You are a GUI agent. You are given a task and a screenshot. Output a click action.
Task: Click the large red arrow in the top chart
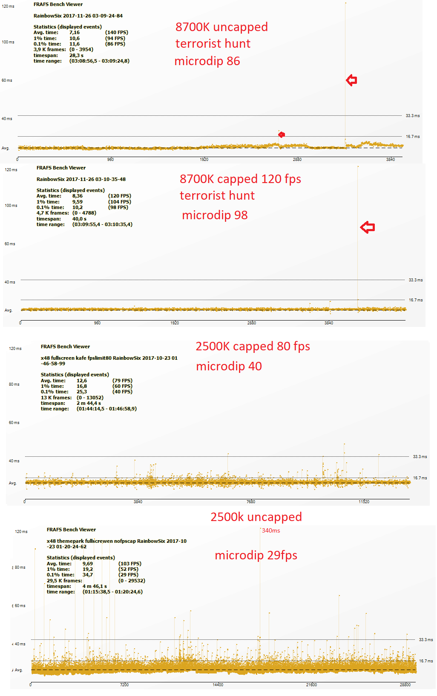[x=351, y=80]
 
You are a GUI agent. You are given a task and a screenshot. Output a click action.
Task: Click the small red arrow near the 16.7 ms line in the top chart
[x=282, y=135]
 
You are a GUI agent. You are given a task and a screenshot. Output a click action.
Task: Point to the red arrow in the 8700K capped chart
[x=367, y=227]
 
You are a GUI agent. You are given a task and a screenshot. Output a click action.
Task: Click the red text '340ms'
[x=271, y=530]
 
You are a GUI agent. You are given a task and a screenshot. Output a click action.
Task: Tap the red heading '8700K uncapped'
[x=221, y=27]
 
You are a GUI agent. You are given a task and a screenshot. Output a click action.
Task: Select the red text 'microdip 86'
[x=207, y=61]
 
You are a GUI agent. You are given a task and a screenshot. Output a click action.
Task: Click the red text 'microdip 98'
[x=215, y=215]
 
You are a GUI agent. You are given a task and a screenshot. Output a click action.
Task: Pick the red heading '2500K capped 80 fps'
[x=253, y=346]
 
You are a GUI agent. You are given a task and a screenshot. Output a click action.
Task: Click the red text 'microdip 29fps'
[x=256, y=555]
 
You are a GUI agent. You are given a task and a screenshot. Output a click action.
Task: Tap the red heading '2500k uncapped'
[x=256, y=517]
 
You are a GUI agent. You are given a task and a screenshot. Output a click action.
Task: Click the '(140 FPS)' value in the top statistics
[x=117, y=32]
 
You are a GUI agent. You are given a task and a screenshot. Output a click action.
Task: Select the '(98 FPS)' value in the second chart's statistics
[x=118, y=207]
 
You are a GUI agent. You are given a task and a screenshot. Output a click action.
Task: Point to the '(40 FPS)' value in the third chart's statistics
[x=122, y=392]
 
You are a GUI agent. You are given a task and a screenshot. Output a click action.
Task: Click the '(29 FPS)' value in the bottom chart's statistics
[x=128, y=575]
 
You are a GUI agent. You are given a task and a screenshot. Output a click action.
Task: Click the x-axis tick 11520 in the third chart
[x=364, y=502]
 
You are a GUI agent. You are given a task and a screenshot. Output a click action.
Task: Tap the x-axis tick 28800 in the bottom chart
[x=405, y=685]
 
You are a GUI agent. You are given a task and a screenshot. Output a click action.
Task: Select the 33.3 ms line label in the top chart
[x=412, y=116]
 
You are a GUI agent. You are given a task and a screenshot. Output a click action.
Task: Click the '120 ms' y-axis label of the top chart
[x=8, y=6]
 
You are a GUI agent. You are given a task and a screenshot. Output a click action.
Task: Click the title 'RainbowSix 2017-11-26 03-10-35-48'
[x=81, y=179]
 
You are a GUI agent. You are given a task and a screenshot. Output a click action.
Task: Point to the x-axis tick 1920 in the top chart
[x=204, y=160]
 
